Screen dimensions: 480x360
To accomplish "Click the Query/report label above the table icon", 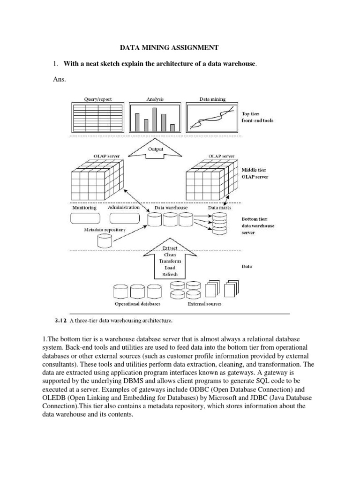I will [x=97, y=99].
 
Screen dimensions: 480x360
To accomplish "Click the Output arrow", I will [x=156, y=150].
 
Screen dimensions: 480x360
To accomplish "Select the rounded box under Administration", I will [x=124, y=218].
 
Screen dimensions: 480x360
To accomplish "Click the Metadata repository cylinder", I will [x=105, y=240].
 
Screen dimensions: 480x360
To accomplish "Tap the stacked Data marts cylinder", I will [x=218, y=224].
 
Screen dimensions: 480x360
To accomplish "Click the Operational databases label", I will [x=137, y=304].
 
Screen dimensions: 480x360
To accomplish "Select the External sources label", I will [x=205, y=304].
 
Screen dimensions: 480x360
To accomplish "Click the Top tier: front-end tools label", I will [x=257, y=117].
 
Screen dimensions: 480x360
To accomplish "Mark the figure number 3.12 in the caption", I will [x=62, y=321].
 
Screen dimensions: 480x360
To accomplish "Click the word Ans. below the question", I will [x=60, y=79].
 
